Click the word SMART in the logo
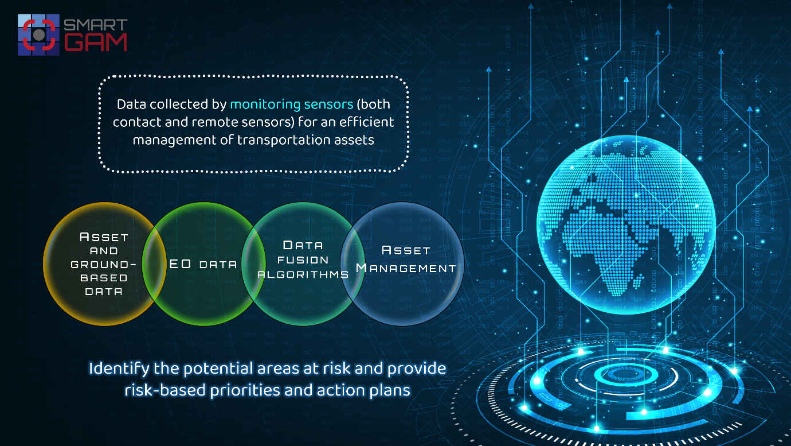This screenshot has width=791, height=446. tap(95, 25)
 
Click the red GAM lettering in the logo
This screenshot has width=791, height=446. tap(95, 42)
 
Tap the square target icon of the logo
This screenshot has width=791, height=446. tap(38, 34)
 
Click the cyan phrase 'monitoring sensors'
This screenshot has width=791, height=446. tap(292, 104)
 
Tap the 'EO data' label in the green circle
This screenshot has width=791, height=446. tap(203, 264)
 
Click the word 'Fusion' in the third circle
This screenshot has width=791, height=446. tap(303, 260)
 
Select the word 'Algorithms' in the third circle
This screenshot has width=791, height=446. tap(303, 274)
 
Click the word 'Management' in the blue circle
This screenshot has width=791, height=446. tap(406, 268)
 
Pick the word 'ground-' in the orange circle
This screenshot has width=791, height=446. tap(104, 264)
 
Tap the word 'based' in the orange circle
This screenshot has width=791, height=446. tap(104, 278)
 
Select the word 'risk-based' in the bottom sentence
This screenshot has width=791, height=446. tap(165, 390)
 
